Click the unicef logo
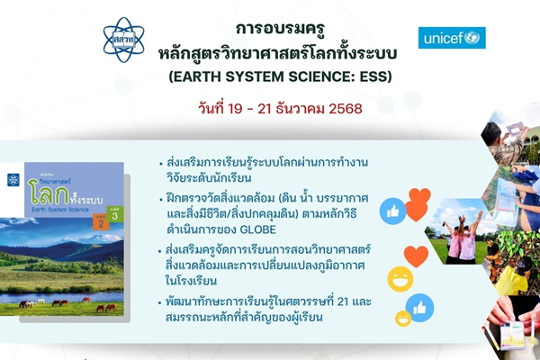pos(452,38)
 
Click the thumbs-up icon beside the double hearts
pos(393,211)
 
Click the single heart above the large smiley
pos(414,255)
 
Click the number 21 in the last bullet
pos(372,301)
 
